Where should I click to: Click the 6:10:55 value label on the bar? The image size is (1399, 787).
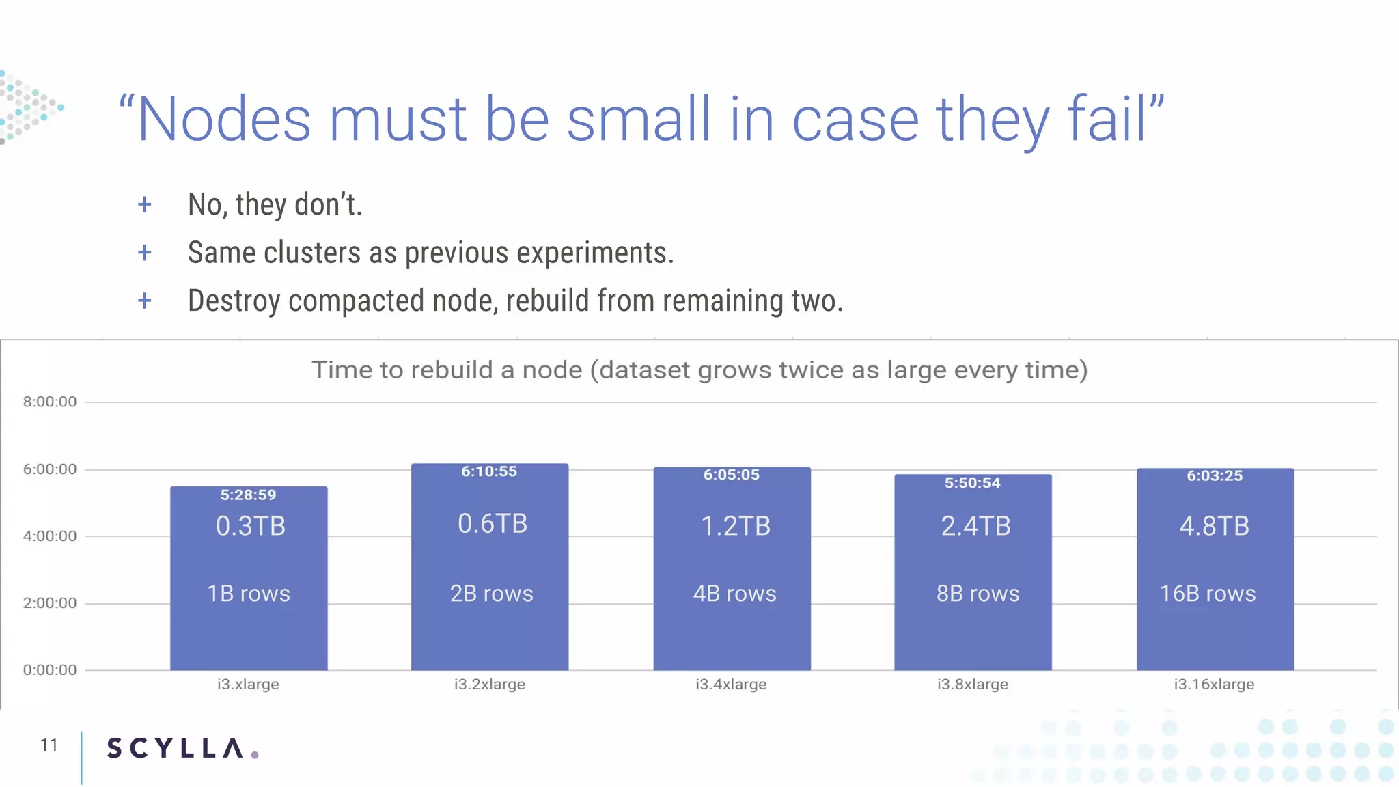coord(489,471)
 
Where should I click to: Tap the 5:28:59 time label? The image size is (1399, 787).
coord(248,495)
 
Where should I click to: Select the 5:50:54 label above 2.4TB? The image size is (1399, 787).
coord(972,483)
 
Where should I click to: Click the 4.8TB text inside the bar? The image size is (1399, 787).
coord(1214,526)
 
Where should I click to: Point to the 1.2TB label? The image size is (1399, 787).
coord(735,526)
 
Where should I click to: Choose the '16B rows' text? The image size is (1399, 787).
coord(1207,593)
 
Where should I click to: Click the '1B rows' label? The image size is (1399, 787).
coord(249,593)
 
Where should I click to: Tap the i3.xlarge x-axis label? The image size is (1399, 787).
coord(248,684)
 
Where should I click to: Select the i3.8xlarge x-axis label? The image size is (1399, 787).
coord(972,684)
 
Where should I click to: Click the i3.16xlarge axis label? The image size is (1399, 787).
coord(1214,684)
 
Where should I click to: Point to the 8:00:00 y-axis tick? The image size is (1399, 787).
coord(50,402)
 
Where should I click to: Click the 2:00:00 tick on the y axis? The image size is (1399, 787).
coord(50,603)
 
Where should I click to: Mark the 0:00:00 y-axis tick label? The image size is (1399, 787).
coord(50,669)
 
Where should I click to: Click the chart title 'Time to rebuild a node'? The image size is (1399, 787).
coord(699,370)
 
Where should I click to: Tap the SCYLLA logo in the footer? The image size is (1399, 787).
coord(182,748)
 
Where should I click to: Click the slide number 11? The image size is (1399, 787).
coord(49,745)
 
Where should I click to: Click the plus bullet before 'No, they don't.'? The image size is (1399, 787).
coord(144,204)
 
